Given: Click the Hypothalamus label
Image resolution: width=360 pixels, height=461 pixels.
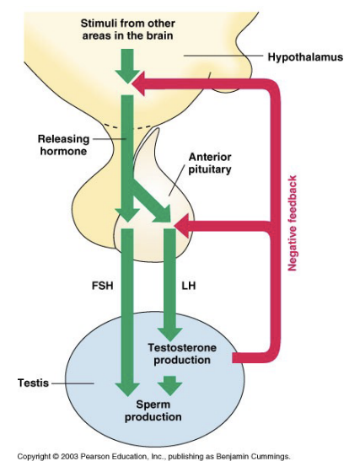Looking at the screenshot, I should [x=304, y=58].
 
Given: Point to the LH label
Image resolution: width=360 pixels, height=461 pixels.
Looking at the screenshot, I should [x=189, y=286].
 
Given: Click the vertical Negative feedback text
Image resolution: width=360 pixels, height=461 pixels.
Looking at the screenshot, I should [x=293, y=222].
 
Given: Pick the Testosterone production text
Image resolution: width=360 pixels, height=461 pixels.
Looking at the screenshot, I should [x=179, y=353].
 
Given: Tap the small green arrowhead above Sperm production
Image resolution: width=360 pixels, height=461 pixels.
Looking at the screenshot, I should [x=170, y=386].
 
